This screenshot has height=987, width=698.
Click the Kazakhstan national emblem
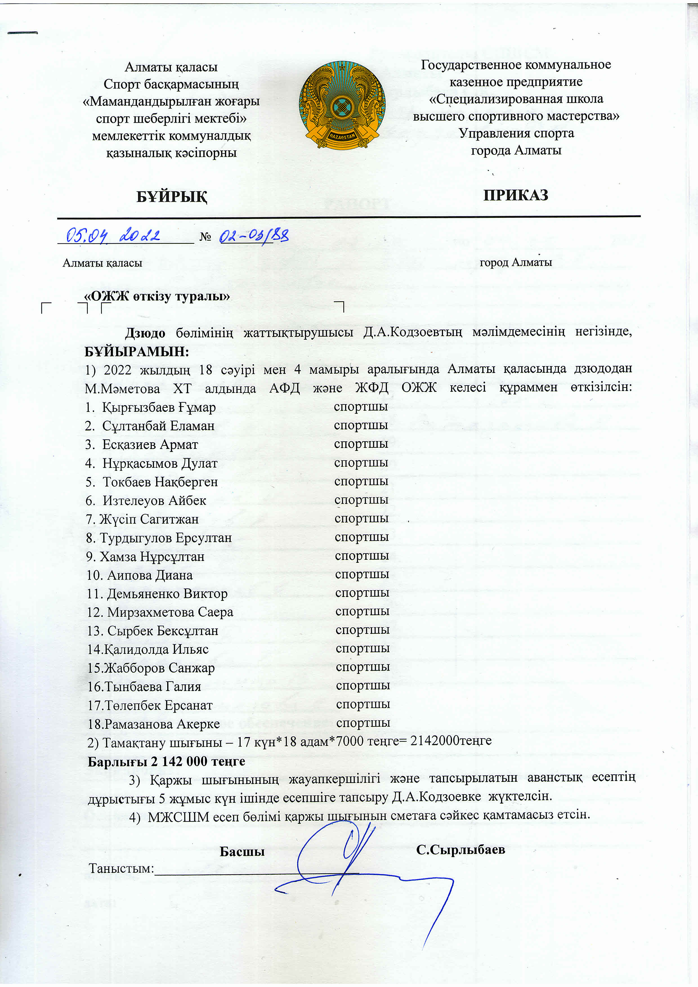[x=342, y=105]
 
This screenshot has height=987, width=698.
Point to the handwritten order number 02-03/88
[x=254, y=236]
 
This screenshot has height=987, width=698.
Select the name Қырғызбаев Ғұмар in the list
[x=158, y=407]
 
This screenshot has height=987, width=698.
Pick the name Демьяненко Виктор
[x=167, y=594]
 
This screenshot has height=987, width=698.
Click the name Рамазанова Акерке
[x=162, y=724]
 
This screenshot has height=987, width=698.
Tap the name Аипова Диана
[x=149, y=575]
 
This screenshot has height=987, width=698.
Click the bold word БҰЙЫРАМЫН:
[x=137, y=351]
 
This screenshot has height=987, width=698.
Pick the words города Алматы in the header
[x=516, y=151]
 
